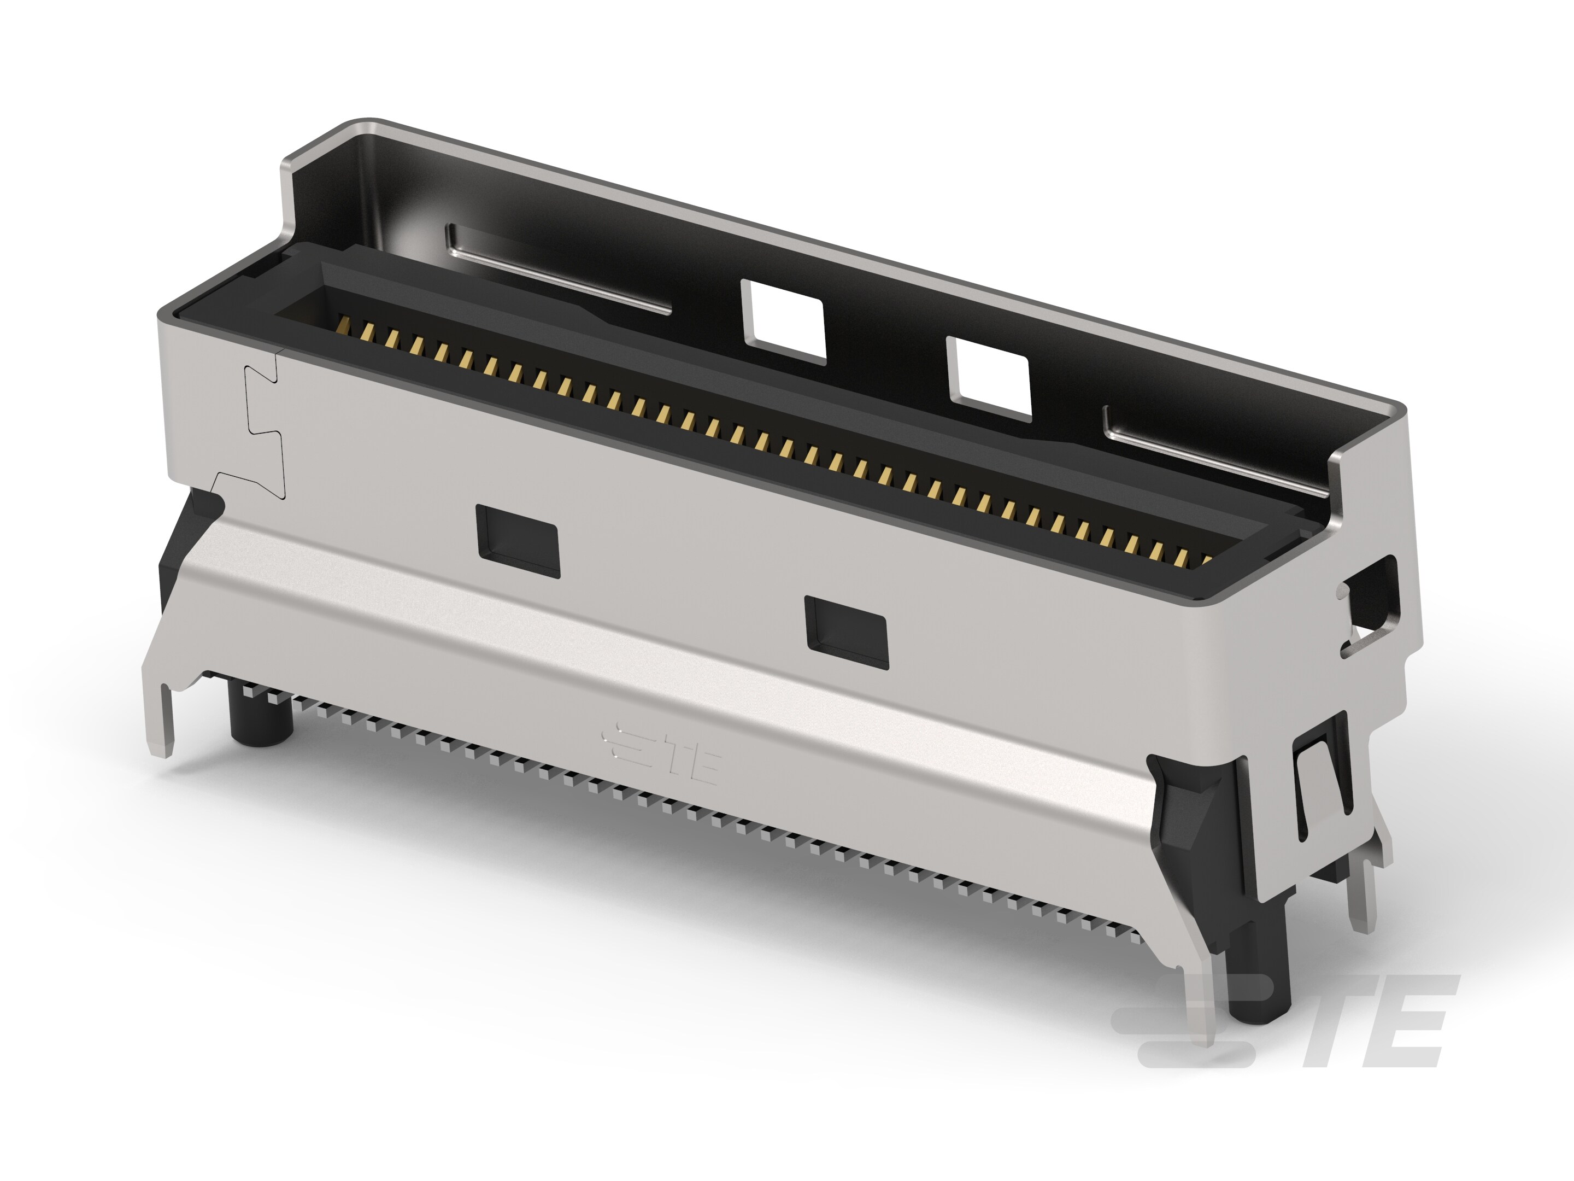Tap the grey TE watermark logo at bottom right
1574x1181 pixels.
click(x=1281, y=1022)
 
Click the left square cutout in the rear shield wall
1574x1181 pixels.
click(x=783, y=321)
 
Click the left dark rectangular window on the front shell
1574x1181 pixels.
click(x=518, y=541)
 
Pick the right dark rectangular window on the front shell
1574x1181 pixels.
click(x=846, y=632)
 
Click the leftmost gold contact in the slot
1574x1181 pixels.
click(x=344, y=326)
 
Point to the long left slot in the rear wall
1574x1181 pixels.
click(x=559, y=271)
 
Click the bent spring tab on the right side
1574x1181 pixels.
click(x=1322, y=790)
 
